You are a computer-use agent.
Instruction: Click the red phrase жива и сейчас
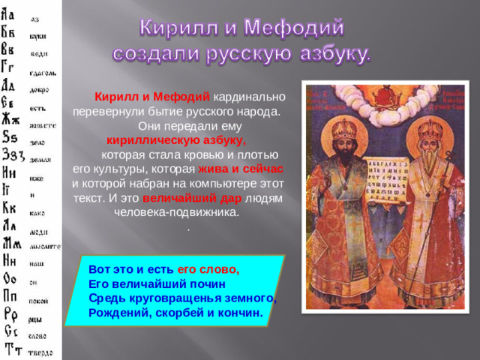240,169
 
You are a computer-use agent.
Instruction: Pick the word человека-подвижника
175,212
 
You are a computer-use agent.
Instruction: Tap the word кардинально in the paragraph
249,97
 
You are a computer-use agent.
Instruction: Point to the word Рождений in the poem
116,311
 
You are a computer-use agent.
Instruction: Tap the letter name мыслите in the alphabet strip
45,246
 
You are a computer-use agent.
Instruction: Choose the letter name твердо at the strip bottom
42,352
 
